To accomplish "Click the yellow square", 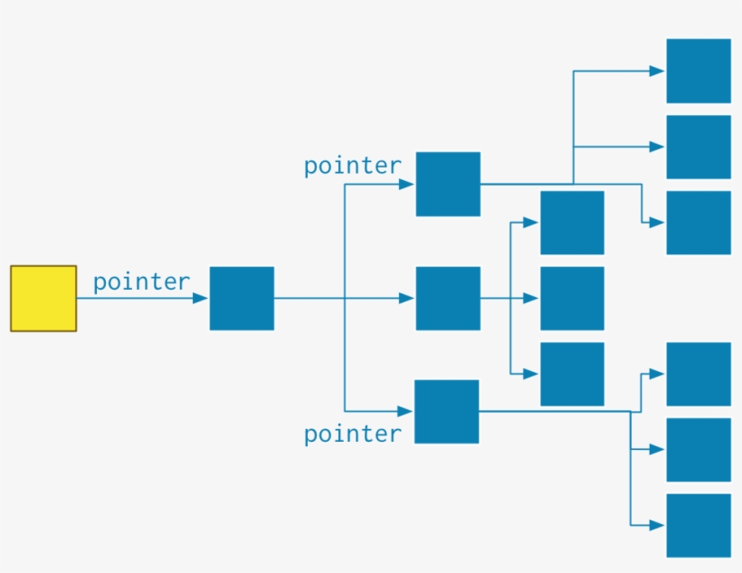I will [43, 298].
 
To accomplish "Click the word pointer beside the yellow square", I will [141, 282].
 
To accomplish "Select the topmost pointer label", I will [352, 166].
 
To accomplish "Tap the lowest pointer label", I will [352, 434].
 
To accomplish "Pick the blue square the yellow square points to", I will [242, 298].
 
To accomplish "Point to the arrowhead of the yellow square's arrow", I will [200, 298].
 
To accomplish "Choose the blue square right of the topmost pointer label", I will [448, 184].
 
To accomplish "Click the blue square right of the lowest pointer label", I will [447, 412].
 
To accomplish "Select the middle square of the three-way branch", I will [448, 298].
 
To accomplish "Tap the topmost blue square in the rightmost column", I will [699, 71].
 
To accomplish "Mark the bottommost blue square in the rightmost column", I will [699, 525].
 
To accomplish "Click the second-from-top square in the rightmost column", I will [699, 147].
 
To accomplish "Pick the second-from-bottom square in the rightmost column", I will [699, 449].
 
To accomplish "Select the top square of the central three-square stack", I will [572, 222].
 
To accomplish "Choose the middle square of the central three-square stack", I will [572, 298].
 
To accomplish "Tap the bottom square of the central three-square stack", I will [572, 374].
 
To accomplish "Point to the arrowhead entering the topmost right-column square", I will [658, 71].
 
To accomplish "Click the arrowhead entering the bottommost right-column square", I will [658, 525].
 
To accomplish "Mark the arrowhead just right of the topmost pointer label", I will [406, 184].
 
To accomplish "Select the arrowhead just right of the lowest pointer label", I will [405, 412].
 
